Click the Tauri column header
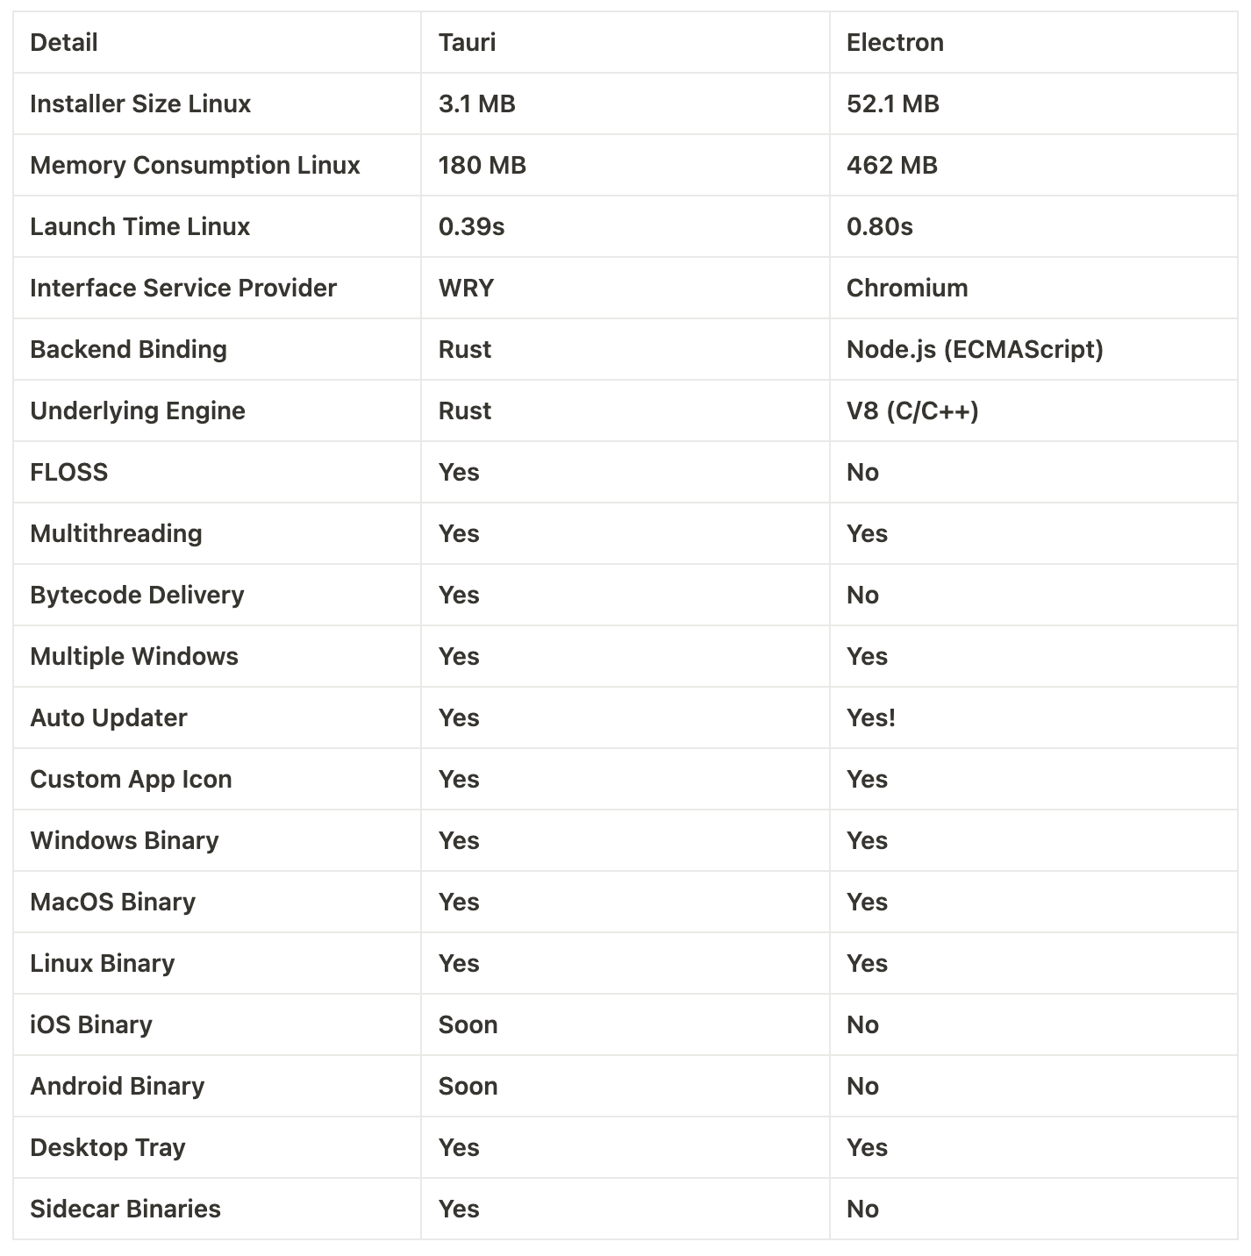[467, 42]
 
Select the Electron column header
[895, 42]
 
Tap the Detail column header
[64, 42]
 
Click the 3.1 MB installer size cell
[476, 103]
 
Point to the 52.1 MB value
[892, 103]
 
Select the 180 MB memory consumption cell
[482, 165]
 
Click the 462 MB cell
[891, 165]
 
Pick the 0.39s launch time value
[471, 226]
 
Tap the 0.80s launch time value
[879, 226]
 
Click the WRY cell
[466, 288]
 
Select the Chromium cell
[906, 288]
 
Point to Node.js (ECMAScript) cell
[974, 349]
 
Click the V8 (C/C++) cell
[911, 410]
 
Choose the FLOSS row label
[68, 472]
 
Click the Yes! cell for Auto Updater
[870, 717]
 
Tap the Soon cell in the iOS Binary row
[468, 1024]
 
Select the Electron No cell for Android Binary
[862, 1086]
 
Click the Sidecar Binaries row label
[125, 1209]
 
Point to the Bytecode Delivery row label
[137, 595]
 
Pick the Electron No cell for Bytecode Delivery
[862, 595]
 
